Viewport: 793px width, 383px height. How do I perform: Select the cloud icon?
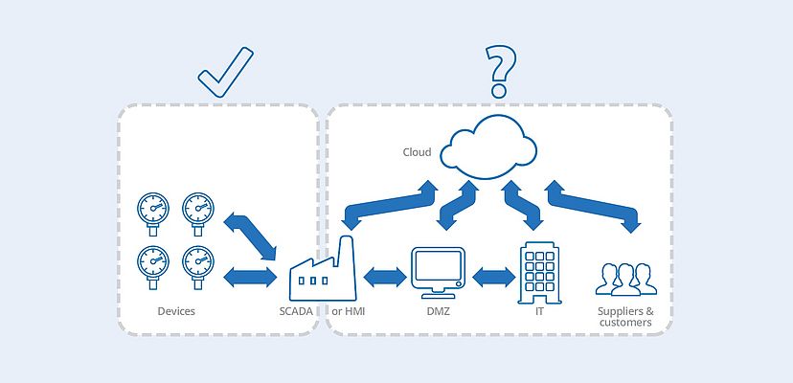pos(492,145)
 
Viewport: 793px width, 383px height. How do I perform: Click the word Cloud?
pos(417,152)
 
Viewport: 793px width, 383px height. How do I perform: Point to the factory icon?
pos(323,271)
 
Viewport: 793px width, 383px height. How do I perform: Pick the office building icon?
pos(538,271)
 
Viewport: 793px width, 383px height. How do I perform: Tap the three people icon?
pos(625,278)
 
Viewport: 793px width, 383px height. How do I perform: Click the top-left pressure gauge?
pos(152,210)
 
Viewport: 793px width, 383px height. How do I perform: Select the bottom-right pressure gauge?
pos(198,262)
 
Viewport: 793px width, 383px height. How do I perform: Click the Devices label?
pos(176,311)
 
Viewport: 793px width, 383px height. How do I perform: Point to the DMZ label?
pos(438,311)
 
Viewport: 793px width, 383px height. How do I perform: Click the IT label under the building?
pos(539,311)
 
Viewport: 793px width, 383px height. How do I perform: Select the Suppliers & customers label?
pos(625,317)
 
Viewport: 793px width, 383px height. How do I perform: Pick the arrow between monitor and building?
pos(493,278)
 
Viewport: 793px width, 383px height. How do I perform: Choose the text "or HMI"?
pos(349,311)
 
